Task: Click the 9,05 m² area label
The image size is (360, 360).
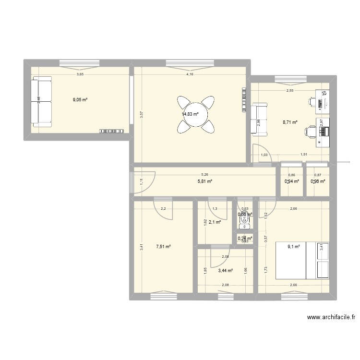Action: click(x=80, y=100)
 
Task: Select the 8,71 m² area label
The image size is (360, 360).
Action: click(x=290, y=122)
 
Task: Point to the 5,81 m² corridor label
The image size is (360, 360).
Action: click(x=205, y=181)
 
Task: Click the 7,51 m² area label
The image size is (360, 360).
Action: click(x=163, y=247)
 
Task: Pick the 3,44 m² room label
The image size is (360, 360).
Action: click(x=225, y=271)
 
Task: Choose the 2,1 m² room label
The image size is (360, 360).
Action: click(x=215, y=222)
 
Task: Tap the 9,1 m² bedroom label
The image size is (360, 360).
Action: click(x=294, y=247)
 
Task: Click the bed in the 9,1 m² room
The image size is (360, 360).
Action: click(x=302, y=260)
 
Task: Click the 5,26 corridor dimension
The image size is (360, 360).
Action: click(x=205, y=175)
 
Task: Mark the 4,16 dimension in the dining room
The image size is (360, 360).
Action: click(x=190, y=74)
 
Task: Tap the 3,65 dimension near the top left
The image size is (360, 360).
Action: click(x=80, y=74)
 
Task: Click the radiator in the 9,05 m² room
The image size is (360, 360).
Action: click(x=112, y=131)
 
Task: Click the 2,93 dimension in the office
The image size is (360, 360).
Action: click(x=290, y=91)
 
